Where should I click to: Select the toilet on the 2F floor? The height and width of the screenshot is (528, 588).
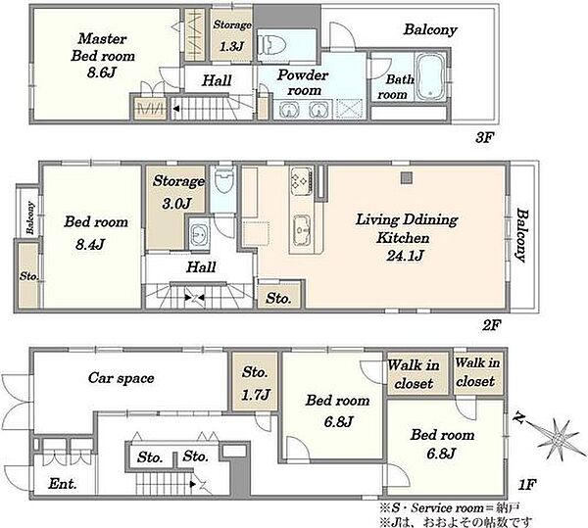click(x=224, y=180)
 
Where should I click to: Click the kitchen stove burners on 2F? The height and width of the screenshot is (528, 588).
click(x=301, y=181)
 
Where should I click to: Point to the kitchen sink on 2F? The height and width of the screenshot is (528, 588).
click(x=302, y=229)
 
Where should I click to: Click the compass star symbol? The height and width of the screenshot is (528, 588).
click(x=555, y=437)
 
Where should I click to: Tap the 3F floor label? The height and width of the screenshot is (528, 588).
click(x=483, y=138)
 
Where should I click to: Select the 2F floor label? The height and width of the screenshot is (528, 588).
click(x=491, y=325)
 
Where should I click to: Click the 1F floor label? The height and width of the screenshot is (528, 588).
click(x=526, y=485)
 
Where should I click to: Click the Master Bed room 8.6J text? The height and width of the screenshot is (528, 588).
click(x=102, y=56)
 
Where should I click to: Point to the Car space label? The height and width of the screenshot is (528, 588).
click(x=122, y=378)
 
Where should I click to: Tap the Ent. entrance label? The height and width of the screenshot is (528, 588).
click(x=63, y=484)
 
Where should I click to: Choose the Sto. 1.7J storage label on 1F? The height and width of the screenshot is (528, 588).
click(x=256, y=383)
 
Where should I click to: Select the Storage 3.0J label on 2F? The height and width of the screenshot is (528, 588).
click(x=177, y=192)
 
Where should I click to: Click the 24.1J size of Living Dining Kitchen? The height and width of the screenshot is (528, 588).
click(x=405, y=256)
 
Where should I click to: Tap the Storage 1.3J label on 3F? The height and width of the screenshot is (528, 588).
click(x=232, y=35)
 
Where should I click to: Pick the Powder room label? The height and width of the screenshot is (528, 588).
click(x=303, y=82)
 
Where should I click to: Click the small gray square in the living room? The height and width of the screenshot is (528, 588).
click(x=407, y=178)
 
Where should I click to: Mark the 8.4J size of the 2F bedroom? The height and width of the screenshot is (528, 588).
click(x=89, y=245)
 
